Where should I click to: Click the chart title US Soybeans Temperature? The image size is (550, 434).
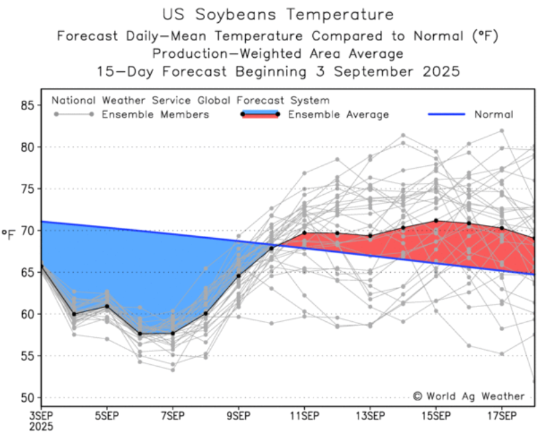277,14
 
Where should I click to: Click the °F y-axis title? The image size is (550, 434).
9,233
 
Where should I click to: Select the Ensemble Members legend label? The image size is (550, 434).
155,114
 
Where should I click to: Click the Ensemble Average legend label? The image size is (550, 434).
338,114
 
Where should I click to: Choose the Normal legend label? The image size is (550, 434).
494,114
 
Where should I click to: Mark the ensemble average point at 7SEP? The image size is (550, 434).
173,333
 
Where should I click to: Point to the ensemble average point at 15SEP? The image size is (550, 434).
436,220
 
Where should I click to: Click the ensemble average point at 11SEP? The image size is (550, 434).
304,233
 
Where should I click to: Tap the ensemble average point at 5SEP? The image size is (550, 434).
107,306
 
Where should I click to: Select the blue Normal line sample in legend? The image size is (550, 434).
446,114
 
